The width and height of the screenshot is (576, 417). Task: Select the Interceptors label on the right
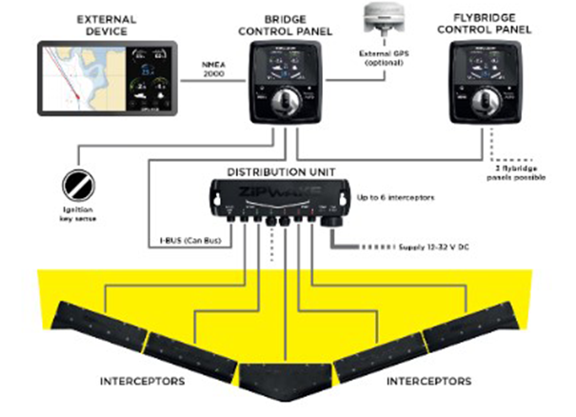point(427,381)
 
